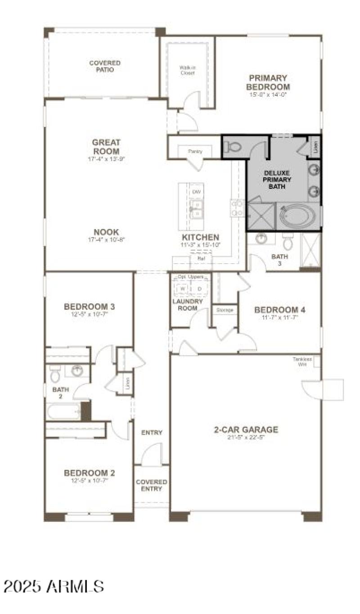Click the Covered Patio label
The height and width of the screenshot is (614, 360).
pyautogui.click(x=104, y=67)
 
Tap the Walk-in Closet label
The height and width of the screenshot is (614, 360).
pyautogui.click(x=187, y=70)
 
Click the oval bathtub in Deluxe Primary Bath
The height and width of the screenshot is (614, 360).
pyautogui.click(x=298, y=216)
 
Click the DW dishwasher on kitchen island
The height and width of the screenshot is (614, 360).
pyautogui.click(x=196, y=192)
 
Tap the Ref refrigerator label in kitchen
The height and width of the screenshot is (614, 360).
pyautogui.click(x=201, y=259)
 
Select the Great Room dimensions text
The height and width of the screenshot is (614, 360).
pyautogui.click(x=106, y=159)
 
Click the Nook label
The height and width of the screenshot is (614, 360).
pyautogui.click(x=106, y=232)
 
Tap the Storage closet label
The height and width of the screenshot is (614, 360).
pyautogui.click(x=225, y=310)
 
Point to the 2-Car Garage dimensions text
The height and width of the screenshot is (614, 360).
pyautogui.click(x=246, y=437)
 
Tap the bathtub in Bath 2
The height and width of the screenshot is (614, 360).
pyautogui.click(x=63, y=411)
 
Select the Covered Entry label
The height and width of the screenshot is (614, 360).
pyautogui.click(x=152, y=485)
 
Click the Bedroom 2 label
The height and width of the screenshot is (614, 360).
pyautogui.click(x=89, y=473)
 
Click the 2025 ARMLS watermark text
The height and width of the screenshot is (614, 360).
pyautogui.click(x=54, y=586)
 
